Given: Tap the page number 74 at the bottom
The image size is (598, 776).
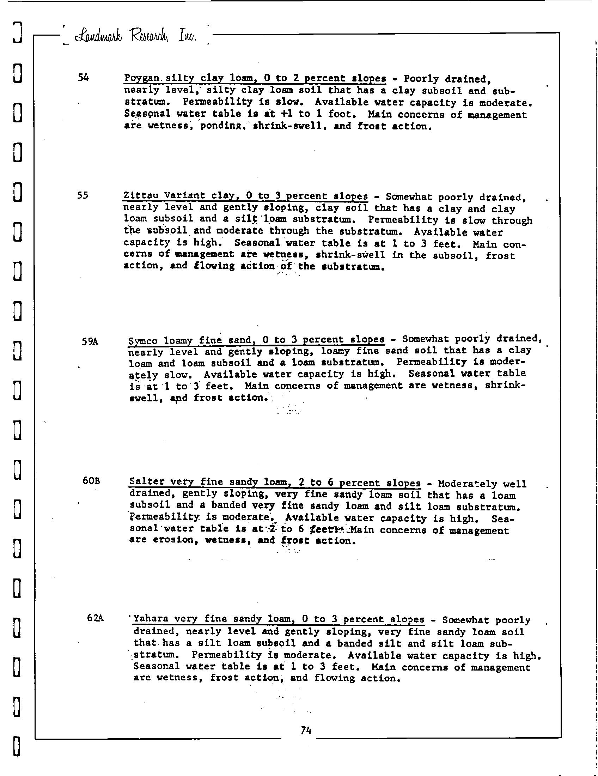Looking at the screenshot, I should point(306,730).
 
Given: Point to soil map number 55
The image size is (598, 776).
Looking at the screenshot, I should point(83,195).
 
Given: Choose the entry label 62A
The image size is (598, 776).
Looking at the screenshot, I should point(95,618).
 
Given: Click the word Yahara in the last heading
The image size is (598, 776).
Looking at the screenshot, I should point(148,619).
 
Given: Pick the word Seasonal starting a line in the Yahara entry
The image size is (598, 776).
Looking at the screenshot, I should point(157,666).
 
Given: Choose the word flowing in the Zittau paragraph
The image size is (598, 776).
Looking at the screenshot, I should point(214,266).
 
